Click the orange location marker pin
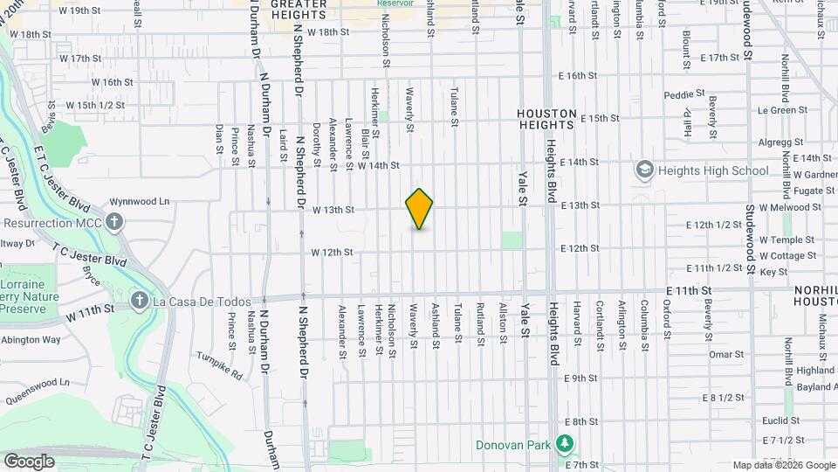pyautogui.click(x=419, y=209)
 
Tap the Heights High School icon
pyautogui.click(x=644, y=170)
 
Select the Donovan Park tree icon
pyautogui.click(x=565, y=445)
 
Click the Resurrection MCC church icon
pyautogui.click(x=115, y=222)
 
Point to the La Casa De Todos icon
pyautogui.click(x=139, y=301)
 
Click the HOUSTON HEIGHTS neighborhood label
pyautogui.click(x=546, y=119)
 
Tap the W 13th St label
pyautogui.click(x=333, y=210)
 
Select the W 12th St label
pyautogui.click(x=333, y=253)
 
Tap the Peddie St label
pyautogui.click(x=683, y=94)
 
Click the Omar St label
pyautogui.click(x=725, y=354)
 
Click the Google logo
pyautogui.click(x=29, y=461)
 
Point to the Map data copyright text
pyautogui.click(x=783, y=465)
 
